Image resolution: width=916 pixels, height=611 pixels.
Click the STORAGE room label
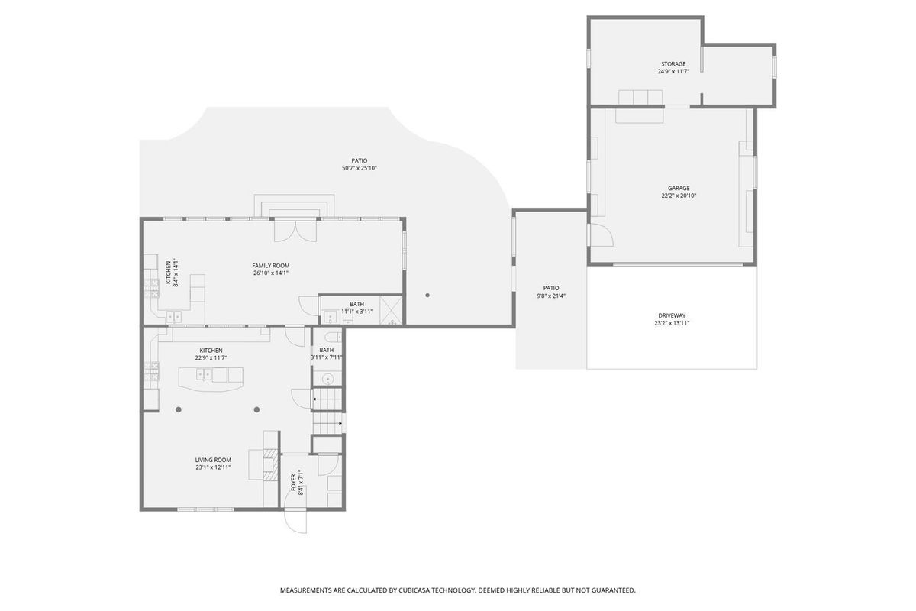pyautogui.click(x=673, y=64)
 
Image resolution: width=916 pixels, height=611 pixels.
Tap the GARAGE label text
pyautogui.click(x=679, y=188)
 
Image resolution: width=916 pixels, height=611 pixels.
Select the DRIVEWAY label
pyautogui.click(x=672, y=315)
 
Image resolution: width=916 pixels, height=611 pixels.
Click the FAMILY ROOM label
pyautogui.click(x=271, y=266)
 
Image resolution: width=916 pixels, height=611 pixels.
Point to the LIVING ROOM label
pyautogui.click(x=213, y=460)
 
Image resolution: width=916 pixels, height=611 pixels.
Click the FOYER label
pyautogui.click(x=293, y=483)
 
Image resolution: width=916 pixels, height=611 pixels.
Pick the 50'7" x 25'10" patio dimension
pyautogui.click(x=359, y=168)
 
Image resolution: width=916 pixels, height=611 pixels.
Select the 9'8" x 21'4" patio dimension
pyautogui.click(x=551, y=296)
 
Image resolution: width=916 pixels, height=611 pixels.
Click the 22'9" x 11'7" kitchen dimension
pyautogui.click(x=211, y=357)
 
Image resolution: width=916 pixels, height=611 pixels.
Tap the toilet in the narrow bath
pyautogui.click(x=334, y=338)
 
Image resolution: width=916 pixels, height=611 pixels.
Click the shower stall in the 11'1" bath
pyautogui.click(x=391, y=311)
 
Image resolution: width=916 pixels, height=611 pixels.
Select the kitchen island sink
pyautogui.click(x=204, y=374)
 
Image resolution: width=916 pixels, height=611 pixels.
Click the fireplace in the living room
pyautogui.click(x=271, y=464)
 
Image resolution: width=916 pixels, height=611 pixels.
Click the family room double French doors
pyautogui.click(x=295, y=231)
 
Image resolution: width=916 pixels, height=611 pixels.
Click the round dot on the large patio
pyautogui.click(x=427, y=295)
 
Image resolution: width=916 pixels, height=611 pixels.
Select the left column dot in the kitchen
pyautogui.click(x=179, y=409)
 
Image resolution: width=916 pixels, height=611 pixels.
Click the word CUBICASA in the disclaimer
pyautogui.click(x=414, y=590)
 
